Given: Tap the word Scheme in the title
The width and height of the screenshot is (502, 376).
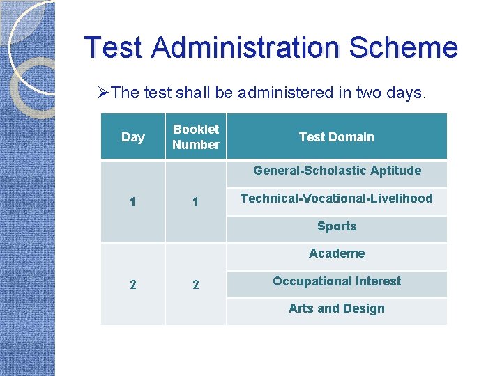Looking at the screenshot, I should tap(403, 47).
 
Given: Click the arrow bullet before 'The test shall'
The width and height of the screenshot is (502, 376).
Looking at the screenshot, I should tap(103, 93).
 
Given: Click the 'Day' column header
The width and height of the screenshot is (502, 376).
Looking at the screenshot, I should tap(132, 137).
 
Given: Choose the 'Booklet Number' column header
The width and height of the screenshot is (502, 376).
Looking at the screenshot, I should tap(195, 137).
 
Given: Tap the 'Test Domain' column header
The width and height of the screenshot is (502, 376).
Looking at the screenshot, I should tap(336, 137).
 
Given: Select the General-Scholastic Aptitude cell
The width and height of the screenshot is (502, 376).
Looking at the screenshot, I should tap(337, 171).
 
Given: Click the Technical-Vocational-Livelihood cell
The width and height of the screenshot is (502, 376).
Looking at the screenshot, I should tap(337, 198).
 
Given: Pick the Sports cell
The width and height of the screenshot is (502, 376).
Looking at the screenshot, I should tap(337, 226).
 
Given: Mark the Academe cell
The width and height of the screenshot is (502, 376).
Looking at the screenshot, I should tap(337, 253).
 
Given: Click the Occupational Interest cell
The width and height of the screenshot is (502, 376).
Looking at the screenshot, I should tap(337, 281).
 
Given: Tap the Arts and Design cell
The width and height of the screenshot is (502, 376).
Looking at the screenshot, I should tap(337, 308).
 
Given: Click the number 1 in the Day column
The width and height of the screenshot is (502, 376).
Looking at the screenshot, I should tap(132, 202).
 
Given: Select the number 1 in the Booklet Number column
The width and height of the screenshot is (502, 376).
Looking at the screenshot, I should tap(195, 202).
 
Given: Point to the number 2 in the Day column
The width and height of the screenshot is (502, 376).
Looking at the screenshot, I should tap(132, 284).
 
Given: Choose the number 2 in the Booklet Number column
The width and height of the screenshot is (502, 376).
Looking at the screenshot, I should tap(195, 284).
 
